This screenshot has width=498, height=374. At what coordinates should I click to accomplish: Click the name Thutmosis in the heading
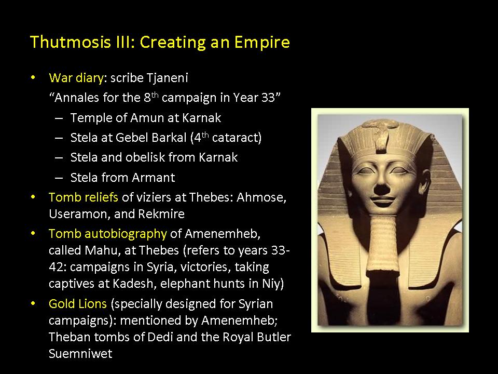[70, 42]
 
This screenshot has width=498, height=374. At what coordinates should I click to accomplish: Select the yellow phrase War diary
[76, 78]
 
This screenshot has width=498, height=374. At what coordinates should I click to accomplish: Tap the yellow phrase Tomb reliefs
[84, 197]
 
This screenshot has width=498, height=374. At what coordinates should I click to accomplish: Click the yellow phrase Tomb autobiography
[108, 234]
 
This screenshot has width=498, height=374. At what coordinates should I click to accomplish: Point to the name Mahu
[101, 250]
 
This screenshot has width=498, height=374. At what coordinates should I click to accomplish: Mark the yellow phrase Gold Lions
[78, 304]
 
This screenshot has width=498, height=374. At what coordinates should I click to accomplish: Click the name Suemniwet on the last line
[80, 354]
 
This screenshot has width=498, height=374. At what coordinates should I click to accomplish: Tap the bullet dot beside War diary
[33, 77]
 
